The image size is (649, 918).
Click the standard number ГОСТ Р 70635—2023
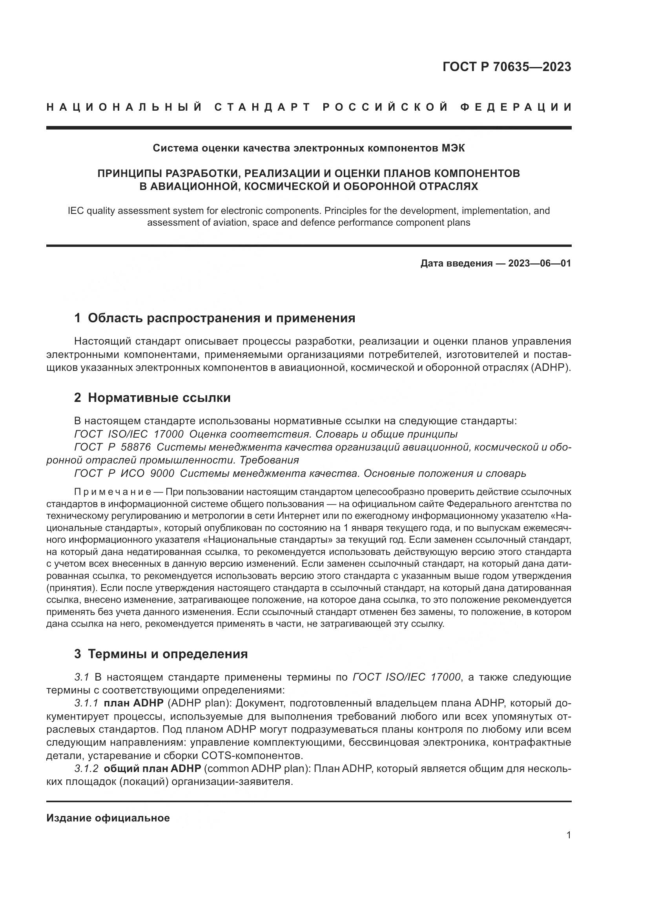click(x=506, y=67)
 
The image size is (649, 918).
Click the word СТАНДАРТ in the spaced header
click(x=263, y=107)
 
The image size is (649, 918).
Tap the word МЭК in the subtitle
click(x=453, y=148)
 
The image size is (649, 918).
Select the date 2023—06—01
click(x=539, y=263)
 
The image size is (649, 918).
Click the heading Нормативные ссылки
click(x=159, y=398)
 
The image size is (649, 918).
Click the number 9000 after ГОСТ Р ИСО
click(x=162, y=473)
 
